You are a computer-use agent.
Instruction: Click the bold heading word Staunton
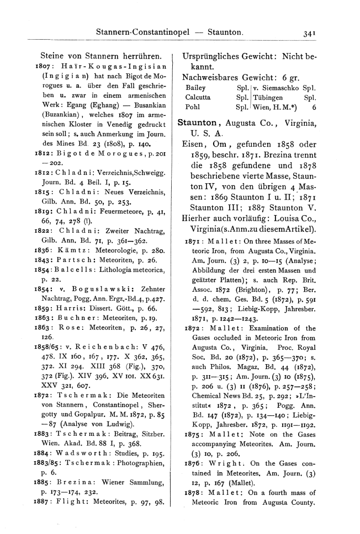point(198,124)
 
